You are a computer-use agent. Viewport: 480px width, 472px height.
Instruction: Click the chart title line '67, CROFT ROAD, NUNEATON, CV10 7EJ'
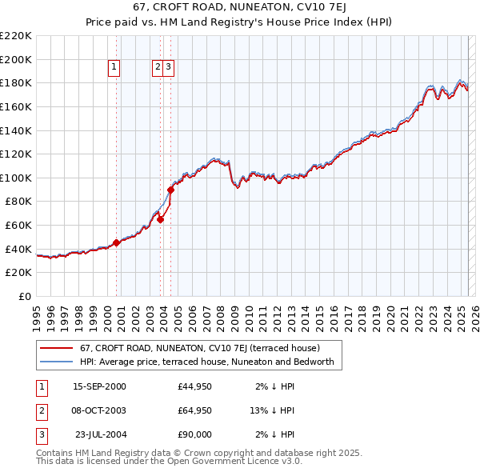(239, 9)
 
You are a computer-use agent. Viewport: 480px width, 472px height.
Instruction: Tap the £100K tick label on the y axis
(16, 178)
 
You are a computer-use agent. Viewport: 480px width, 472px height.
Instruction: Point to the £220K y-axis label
(16, 36)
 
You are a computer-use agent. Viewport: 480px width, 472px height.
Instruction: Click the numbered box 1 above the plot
(114, 68)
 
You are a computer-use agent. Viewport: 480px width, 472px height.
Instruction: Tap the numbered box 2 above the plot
(158, 68)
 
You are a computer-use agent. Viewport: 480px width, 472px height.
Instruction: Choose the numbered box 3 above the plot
(170, 68)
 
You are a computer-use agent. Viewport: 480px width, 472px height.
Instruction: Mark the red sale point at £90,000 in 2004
(171, 190)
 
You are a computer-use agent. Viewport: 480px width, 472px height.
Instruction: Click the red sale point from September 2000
(116, 242)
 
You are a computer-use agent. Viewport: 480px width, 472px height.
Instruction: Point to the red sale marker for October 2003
(160, 219)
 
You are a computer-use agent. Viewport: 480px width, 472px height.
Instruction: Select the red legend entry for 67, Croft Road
(200, 348)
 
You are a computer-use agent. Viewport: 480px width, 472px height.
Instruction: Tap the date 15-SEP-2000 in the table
(99, 386)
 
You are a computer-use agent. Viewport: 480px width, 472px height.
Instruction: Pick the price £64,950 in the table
(195, 411)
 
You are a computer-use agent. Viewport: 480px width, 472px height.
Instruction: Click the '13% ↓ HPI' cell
(272, 411)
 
